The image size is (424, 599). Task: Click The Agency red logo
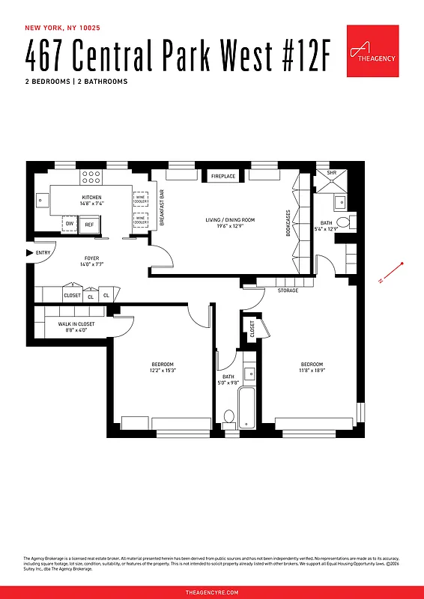pyautogui.click(x=372, y=50)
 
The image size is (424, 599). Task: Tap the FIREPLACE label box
pyautogui.click(x=222, y=176)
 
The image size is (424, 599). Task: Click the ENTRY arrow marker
pyautogui.click(x=30, y=253)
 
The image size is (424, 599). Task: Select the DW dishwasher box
pyautogui.click(x=70, y=223)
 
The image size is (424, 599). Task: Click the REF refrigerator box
pyautogui.click(x=89, y=224)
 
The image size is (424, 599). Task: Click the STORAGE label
pyautogui.click(x=288, y=291)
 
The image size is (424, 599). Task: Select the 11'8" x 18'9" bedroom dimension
pyautogui.click(x=312, y=368)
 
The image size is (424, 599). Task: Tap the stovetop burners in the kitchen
pyautogui.click(x=91, y=177)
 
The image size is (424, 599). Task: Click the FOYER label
pyautogui.click(x=91, y=261)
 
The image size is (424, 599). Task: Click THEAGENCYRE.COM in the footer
pyautogui.click(x=212, y=592)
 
